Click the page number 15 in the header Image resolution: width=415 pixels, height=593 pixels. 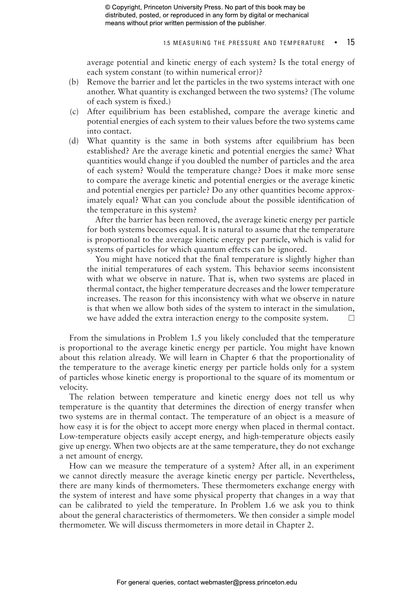350,42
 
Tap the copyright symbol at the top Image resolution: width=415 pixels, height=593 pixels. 107,7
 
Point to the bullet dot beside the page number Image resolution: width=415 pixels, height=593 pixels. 336,43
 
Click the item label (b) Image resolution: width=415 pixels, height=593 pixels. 74,82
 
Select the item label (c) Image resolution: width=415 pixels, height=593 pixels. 74,112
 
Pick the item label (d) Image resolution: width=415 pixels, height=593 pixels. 74,141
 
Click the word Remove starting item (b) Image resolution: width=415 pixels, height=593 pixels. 101,82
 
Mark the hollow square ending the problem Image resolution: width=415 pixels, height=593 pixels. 352,318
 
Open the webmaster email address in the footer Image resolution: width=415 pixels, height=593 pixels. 248,582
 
